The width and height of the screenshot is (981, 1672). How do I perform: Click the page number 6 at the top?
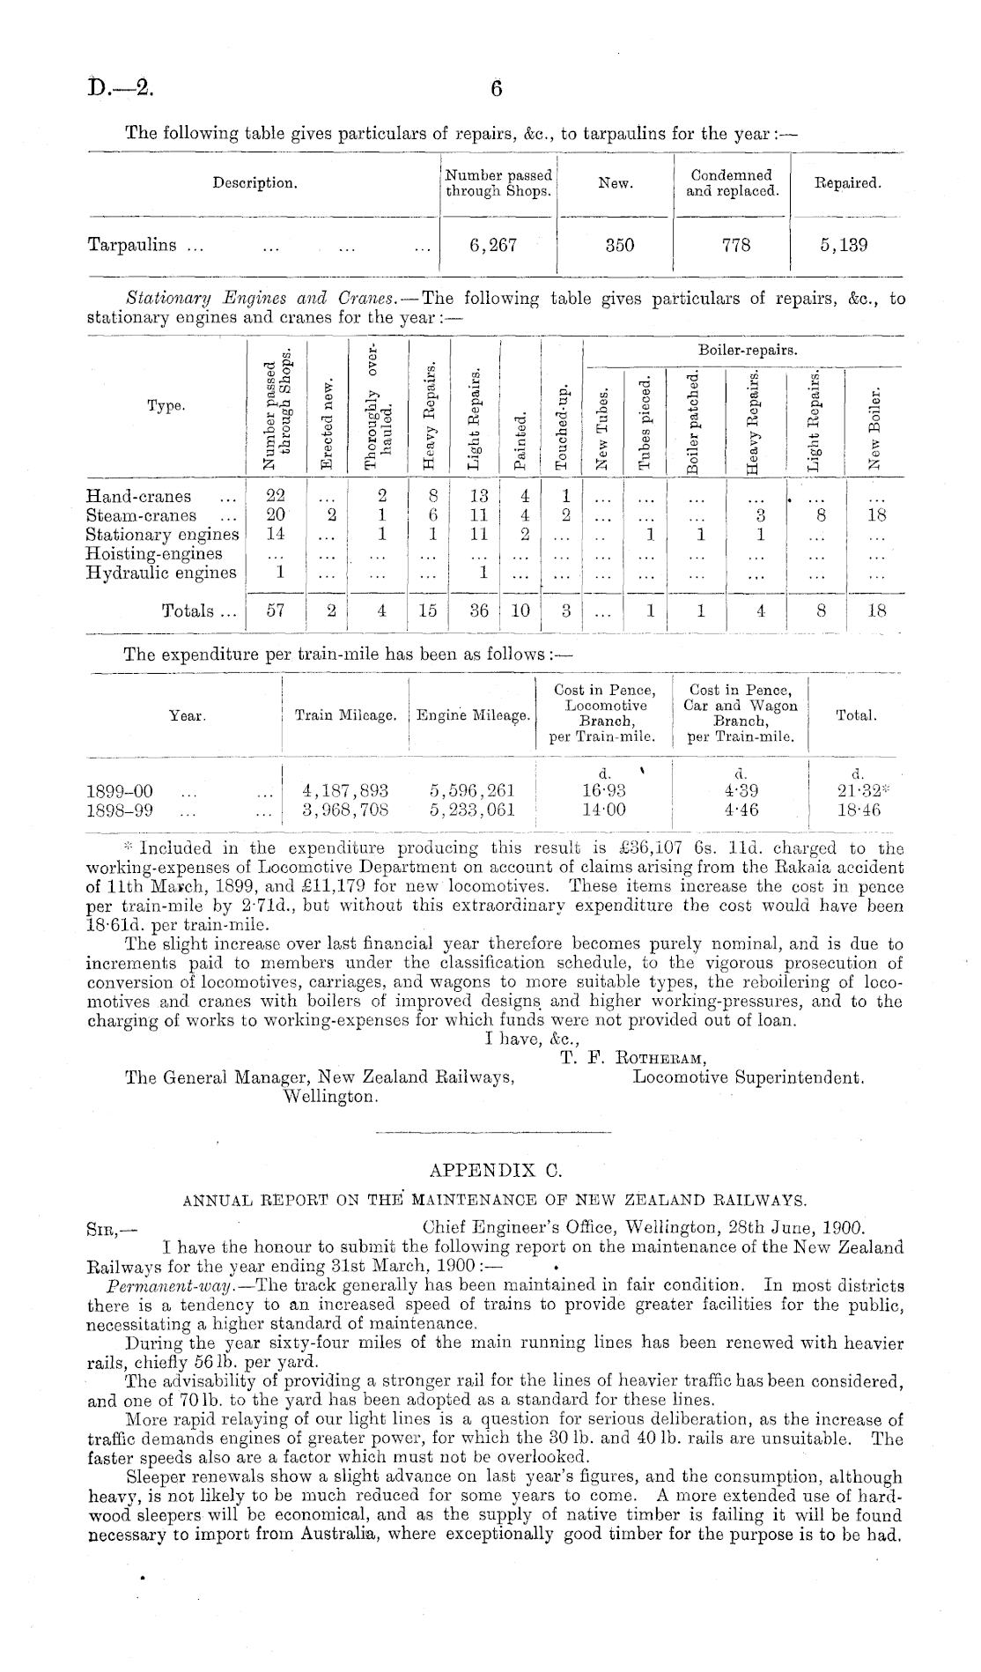[496, 88]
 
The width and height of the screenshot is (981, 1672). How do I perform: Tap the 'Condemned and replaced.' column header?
[732, 182]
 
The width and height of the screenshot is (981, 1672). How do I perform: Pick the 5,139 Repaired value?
[843, 245]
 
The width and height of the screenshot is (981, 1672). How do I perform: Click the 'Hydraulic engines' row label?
[161, 573]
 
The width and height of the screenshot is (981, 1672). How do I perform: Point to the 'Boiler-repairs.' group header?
[748, 351]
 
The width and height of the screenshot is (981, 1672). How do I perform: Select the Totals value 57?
[276, 610]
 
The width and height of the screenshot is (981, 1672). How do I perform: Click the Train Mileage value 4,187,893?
[345, 791]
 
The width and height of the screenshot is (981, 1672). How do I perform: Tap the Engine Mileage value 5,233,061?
[471, 810]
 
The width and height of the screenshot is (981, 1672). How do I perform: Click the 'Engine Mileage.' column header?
[473, 715]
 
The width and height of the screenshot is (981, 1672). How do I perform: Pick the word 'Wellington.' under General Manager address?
[330, 1097]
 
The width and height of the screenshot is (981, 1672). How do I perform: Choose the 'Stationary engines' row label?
[162, 535]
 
